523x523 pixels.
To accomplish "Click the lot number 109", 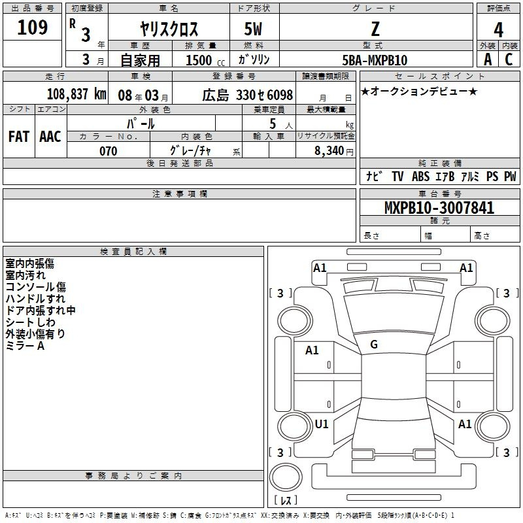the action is (32, 27).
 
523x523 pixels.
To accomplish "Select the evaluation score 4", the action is (498, 30).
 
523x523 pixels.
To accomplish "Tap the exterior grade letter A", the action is (488, 59).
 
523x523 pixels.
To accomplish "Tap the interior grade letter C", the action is (509, 59).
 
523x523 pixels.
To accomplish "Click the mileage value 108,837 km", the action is (76, 94).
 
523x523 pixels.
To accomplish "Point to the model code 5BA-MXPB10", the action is (375, 60).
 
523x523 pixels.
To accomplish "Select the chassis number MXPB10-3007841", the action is (439, 208).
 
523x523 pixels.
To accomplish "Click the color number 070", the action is (109, 151).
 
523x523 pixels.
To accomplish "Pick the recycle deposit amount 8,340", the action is (329, 150).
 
